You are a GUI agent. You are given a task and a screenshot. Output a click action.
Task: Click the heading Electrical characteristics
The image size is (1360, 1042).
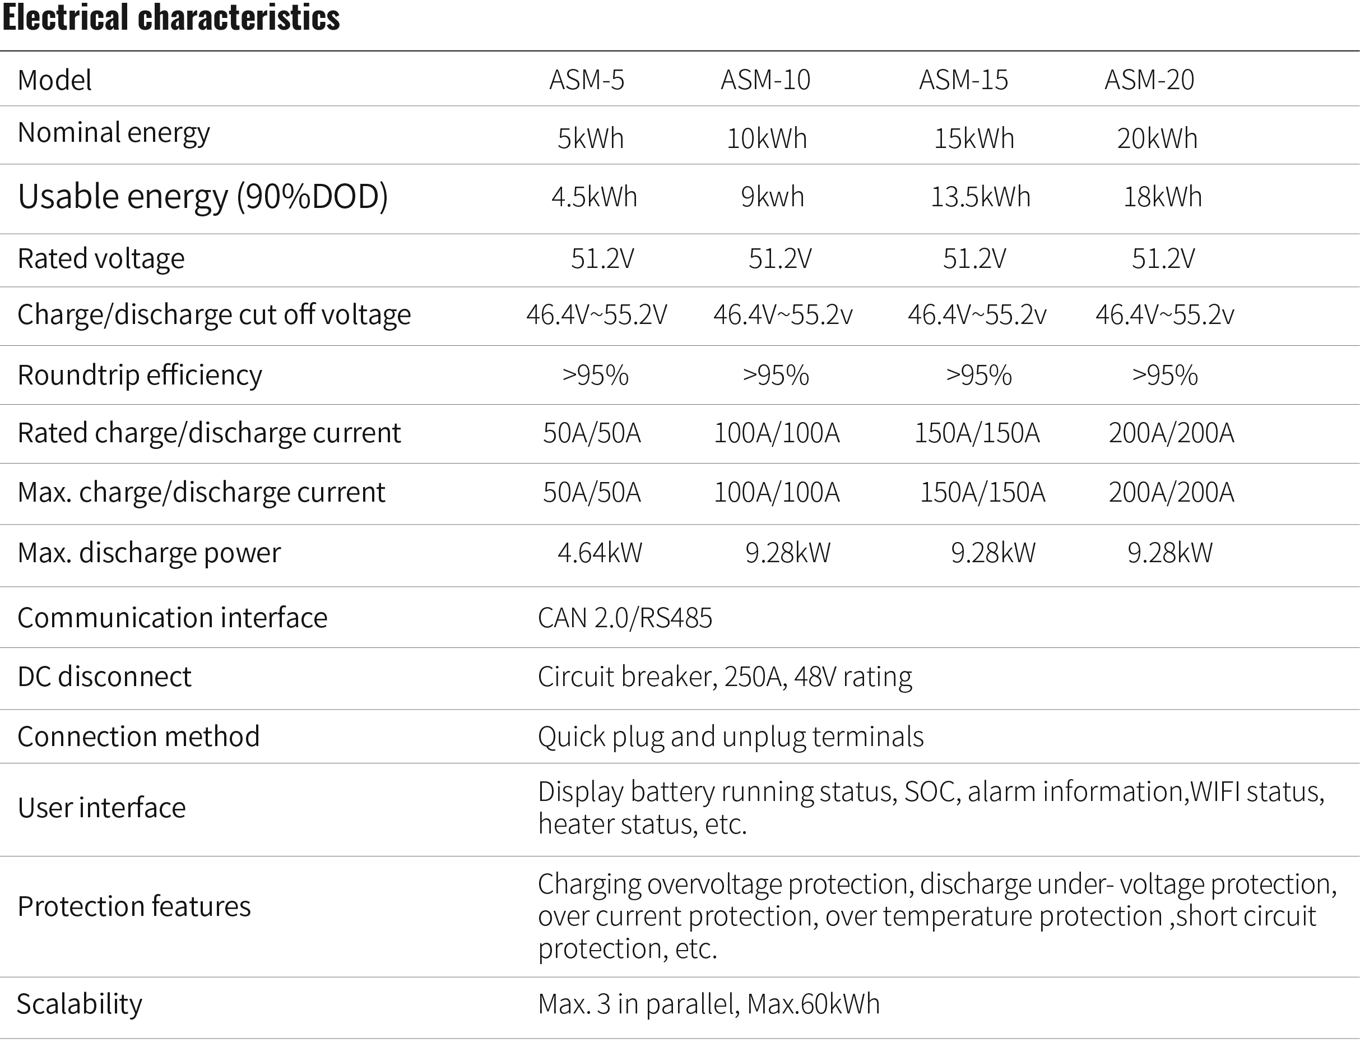[171, 17]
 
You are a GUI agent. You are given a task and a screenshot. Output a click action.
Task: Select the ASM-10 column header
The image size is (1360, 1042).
[765, 80]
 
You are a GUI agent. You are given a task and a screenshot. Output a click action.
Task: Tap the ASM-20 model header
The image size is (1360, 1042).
[1149, 80]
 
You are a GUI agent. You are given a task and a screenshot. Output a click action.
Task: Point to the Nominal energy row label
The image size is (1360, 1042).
[114, 133]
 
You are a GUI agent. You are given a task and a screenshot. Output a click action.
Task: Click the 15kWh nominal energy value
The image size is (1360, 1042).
[974, 138]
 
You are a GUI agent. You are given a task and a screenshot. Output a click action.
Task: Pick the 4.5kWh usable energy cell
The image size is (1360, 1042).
[594, 197]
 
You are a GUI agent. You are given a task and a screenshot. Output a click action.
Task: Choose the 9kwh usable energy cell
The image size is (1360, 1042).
[772, 197]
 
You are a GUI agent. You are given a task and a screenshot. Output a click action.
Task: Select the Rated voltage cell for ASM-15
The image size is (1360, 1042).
[974, 258]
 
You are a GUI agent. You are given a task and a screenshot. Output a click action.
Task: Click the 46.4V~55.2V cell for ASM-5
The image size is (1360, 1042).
[597, 314]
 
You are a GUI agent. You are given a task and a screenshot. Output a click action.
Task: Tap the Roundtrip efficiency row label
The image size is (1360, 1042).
[140, 375]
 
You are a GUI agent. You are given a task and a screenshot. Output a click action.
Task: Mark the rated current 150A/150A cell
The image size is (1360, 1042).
[977, 433]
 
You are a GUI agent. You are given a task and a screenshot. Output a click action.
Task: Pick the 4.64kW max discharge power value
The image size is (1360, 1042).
[600, 553]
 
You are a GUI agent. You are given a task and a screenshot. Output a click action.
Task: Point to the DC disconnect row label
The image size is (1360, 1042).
[104, 676]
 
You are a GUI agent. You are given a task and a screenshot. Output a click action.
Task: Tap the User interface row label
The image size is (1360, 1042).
[101, 808]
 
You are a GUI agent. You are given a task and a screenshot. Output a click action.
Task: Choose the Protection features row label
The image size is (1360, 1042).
[134, 906]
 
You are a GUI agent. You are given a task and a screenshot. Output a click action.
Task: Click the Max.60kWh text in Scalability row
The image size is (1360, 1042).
[814, 1003]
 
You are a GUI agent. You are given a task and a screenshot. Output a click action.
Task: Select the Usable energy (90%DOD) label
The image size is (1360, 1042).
[203, 197]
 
